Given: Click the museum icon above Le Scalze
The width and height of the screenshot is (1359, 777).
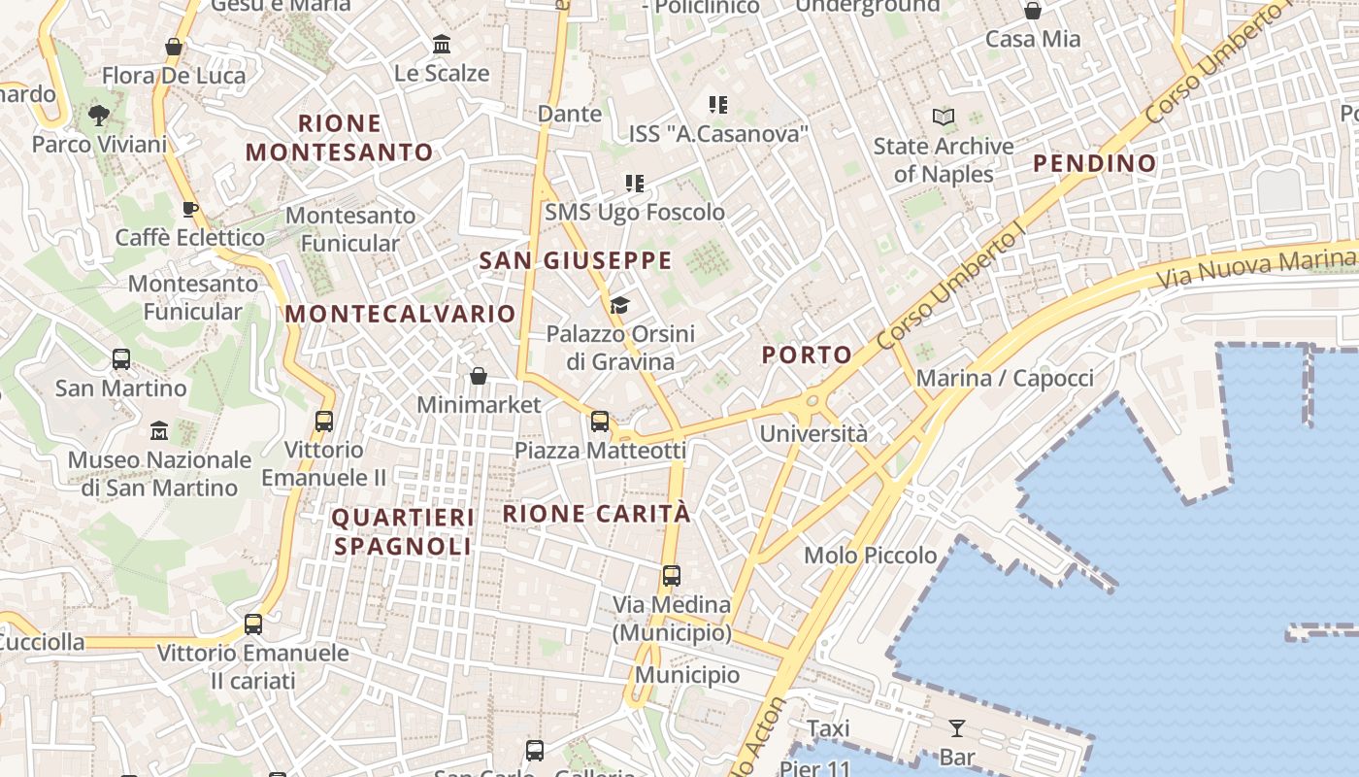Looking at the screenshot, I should (443, 45).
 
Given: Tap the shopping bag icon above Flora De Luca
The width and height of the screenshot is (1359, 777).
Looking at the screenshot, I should (174, 47).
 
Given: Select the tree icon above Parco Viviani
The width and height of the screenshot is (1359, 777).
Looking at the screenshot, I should (98, 117).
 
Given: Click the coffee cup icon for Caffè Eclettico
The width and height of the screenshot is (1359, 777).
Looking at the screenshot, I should (190, 209).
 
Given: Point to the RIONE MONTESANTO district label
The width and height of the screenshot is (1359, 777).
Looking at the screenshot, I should (339, 138).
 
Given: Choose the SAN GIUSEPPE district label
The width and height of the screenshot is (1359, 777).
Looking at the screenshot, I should (576, 260).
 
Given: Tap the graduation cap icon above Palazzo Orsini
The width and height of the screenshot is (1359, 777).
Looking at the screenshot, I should (619, 306).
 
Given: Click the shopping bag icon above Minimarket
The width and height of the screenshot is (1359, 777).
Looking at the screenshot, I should (478, 376).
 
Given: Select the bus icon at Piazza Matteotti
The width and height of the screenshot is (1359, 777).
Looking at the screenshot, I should (600, 422).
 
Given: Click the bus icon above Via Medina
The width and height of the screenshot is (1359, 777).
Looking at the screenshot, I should (671, 575).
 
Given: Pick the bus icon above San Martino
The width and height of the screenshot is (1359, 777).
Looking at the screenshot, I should (121, 359).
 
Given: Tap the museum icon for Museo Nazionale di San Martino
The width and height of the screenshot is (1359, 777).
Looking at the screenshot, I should (159, 430).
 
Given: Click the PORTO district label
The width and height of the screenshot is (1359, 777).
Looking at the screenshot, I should (807, 355).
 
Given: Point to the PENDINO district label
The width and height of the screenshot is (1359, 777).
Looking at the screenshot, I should (1095, 163).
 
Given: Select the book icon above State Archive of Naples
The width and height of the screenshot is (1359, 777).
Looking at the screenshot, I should (943, 118).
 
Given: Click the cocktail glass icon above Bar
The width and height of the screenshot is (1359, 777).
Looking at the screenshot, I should (957, 728).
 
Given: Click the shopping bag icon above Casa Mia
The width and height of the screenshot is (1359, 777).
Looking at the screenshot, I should (1033, 11).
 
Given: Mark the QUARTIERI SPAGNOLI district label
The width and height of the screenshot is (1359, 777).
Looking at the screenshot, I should (403, 531).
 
